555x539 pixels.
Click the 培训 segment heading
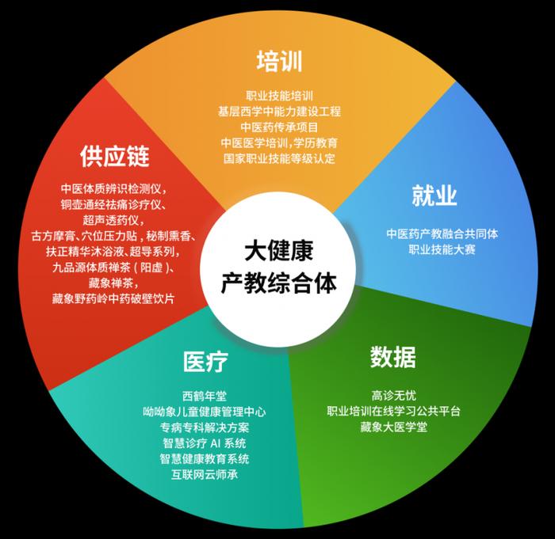tap(279, 62)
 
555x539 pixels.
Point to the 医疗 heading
tap(205, 362)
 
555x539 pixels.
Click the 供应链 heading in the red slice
tap(114, 156)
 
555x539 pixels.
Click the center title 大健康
tap(277, 252)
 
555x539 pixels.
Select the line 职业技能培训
tap(279, 96)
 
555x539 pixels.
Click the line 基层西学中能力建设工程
tap(279, 112)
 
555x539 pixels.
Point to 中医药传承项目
tap(279, 127)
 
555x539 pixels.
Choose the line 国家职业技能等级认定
tap(279, 158)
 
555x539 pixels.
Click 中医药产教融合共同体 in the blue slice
tap(442, 234)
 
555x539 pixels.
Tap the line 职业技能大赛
tap(442, 250)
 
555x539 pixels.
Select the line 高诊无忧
tap(393, 395)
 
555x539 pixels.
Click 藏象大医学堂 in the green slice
tap(393, 427)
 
